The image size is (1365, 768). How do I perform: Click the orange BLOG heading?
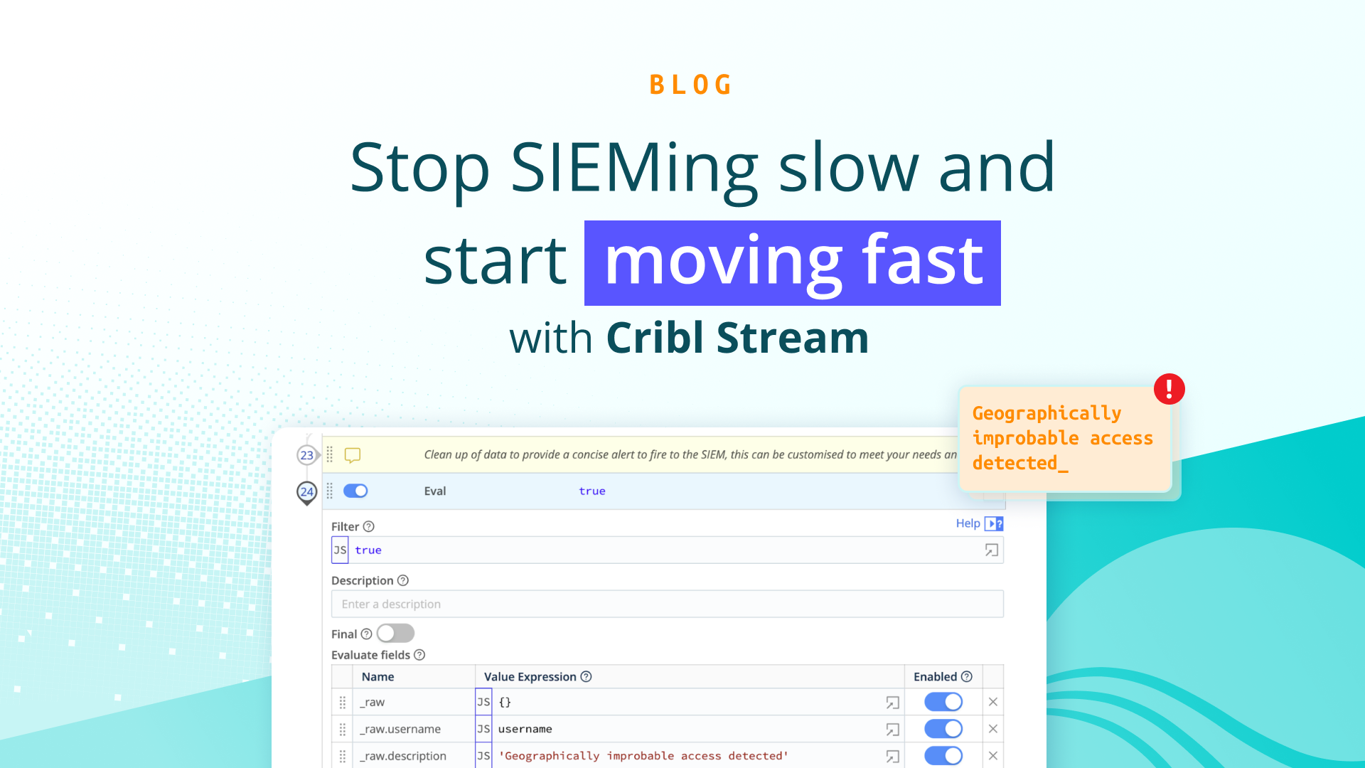[x=690, y=85]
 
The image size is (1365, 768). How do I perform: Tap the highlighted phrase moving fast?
[x=793, y=262]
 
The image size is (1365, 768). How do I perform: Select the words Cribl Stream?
[x=737, y=338]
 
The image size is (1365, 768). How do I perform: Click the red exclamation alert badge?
[x=1169, y=389]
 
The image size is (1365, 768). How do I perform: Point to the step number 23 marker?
[x=306, y=455]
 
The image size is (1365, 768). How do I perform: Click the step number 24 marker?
[x=306, y=491]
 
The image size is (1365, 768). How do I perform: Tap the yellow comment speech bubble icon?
[x=353, y=455]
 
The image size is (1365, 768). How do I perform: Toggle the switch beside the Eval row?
[x=355, y=491]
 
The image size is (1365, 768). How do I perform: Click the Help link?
[x=968, y=523]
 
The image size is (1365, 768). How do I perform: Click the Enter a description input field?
[x=667, y=604]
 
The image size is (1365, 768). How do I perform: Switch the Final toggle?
[x=395, y=633]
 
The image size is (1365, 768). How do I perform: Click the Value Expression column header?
[x=530, y=677]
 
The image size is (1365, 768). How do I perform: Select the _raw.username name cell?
[x=400, y=729]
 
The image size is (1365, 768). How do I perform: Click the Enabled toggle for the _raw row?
[x=943, y=702]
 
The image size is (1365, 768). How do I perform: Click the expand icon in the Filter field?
[x=991, y=550]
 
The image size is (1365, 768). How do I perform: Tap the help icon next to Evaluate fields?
[x=419, y=655]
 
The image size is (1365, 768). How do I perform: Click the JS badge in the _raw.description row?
[x=483, y=756]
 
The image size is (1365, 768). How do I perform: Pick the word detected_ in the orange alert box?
[x=1019, y=463]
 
